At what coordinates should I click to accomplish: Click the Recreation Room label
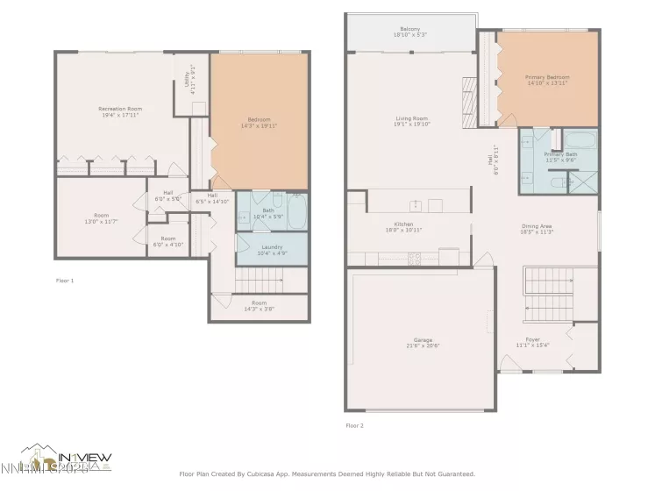pyautogui.click(x=120, y=109)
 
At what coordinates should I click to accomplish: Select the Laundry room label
pyautogui.click(x=272, y=247)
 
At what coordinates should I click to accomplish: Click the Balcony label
pyautogui.click(x=411, y=29)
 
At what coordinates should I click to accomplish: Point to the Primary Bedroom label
pyautogui.click(x=548, y=78)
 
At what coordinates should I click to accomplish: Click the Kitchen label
pyautogui.click(x=403, y=224)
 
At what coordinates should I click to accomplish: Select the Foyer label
pyautogui.click(x=532, y=339)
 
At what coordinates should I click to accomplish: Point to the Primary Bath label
pyautogui.click(x=559, y=155)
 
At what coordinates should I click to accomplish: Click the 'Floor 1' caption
pyautogui.click(x=65, y=281)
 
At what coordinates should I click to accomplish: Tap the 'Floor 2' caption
pyautogui.click(x=354, y=426)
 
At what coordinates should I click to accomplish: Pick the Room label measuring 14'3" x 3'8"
pyautogui.click(x=258, y=304)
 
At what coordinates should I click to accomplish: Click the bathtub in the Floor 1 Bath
pyautogui.click(x=295, y=211)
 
